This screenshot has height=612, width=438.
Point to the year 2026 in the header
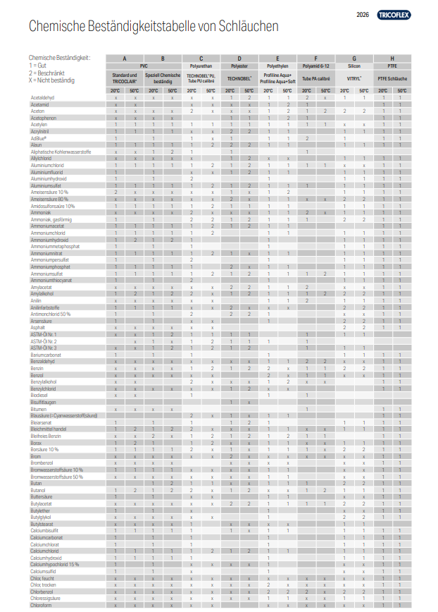(363, 14)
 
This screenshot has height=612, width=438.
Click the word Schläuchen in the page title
(249, 27)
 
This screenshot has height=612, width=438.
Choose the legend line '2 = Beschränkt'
(47, 73)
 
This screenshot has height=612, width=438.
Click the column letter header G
(353, 58)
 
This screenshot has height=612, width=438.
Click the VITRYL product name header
(353, 78)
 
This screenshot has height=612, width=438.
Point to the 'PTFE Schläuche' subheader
(392, 78)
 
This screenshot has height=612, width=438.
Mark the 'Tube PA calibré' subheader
(315, 78)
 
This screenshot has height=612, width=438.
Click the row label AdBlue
(39, 138)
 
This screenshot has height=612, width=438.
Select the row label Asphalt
(38, 327)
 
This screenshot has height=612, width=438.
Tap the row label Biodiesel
(39, 395)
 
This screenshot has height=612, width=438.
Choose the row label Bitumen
(39, 409)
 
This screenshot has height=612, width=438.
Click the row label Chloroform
(41, 605)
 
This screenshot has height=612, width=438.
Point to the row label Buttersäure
(42, 496)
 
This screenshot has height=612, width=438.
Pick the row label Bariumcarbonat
(44, 355)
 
